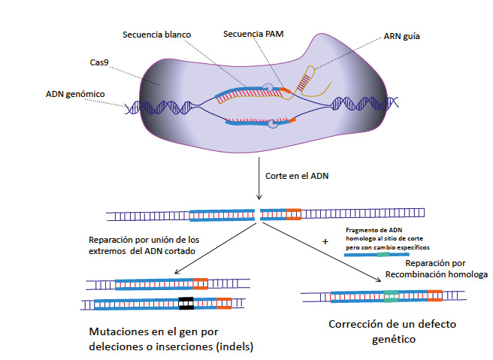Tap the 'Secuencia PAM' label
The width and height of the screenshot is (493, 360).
tap(254, 34)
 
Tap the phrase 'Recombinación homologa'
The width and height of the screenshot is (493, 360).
tap(426, 276)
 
